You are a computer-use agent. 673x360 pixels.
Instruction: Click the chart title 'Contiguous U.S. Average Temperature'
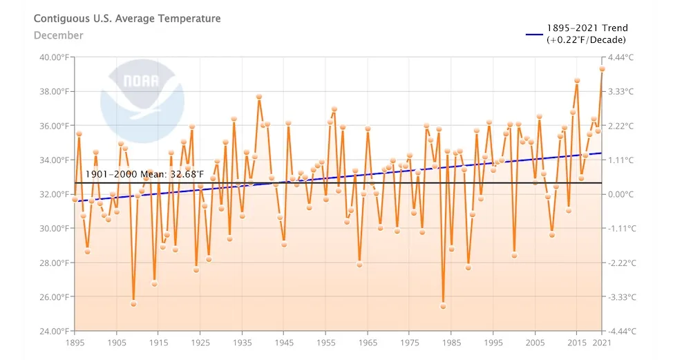[127, 19]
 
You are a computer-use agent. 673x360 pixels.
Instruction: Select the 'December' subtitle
[58, 35]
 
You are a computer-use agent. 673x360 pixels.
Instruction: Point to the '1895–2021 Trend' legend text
[587, 28]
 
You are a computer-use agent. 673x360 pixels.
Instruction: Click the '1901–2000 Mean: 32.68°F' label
[144, 175]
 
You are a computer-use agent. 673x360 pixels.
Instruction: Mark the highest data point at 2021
[602, 68]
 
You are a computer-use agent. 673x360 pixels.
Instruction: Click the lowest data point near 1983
[443, 306]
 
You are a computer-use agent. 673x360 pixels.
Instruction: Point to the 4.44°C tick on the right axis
[624, 57]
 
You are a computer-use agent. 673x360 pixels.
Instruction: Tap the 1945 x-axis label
[284, 343]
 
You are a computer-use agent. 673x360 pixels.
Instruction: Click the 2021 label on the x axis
[602, 343]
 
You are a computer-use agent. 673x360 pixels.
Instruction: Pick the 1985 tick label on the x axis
[451, 343]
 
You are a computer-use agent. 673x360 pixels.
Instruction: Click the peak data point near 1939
[259, 97]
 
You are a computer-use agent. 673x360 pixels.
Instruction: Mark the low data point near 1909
[133, 303]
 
